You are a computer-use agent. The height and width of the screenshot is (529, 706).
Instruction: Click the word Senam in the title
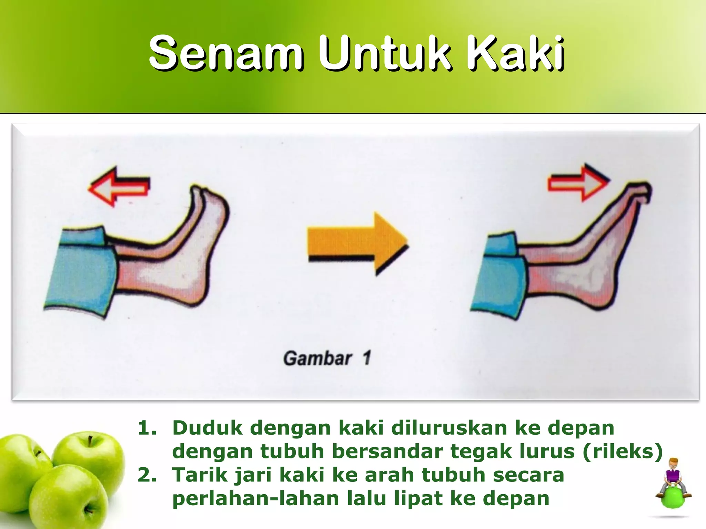(226, 53)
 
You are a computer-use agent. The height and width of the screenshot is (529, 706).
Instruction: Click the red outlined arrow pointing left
(119, 187)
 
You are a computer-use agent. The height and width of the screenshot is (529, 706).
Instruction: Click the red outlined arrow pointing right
(578, 183)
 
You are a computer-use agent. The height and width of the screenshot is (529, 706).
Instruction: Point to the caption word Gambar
(317, 358)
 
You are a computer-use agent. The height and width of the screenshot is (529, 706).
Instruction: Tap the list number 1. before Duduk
(147, 428)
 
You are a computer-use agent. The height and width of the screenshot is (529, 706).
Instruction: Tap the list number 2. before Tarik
(147, 475)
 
